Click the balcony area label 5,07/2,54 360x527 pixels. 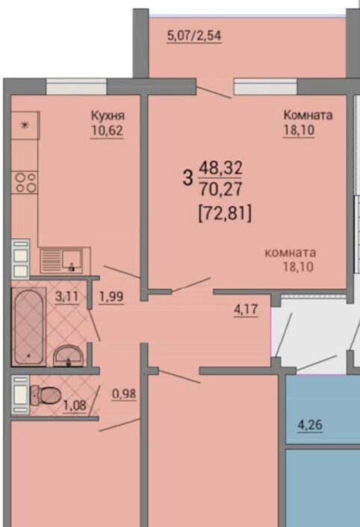(x=194, y=36)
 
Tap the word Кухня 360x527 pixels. (x=108, y=115)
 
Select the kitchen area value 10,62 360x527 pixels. (x=107, y=131)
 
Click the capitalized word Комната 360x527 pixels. (x=308, y=115)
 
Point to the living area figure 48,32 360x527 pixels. (x=221, y=167)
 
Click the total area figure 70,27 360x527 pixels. (x=220, y=189)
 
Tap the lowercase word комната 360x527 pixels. (x=291, y=253)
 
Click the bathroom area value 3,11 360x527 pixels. (x=67, y=297)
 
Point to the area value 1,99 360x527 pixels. (x=111, y=297)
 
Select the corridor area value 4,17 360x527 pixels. (x=246, y=310)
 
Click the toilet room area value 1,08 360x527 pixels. (x=75, y=405)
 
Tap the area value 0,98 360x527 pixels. (x=124, y=393)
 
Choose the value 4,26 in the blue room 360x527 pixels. (x=310, y=425)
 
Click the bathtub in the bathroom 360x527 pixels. (x=28, y=327)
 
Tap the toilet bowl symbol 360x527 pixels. (x=46, y=395)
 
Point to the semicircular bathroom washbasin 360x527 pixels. (x=69, y=355)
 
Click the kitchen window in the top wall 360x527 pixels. (x=76, y=87)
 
